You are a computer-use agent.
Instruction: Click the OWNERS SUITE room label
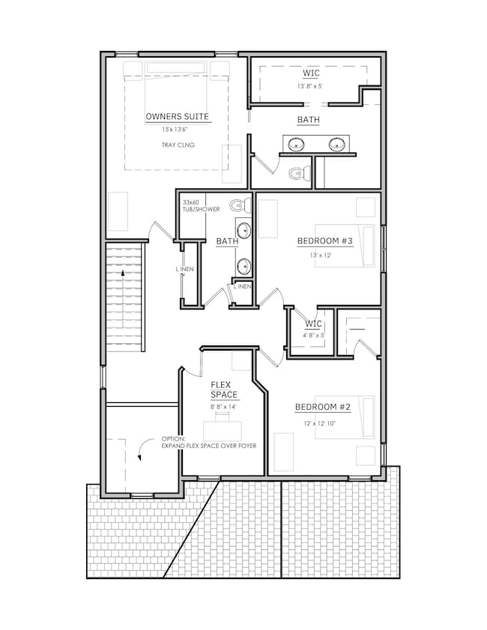(178, 117)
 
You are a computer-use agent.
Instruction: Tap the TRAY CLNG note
(178, 145)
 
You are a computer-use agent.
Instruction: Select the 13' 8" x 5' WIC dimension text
(310, 86)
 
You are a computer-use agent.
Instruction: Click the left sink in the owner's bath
(296, 143)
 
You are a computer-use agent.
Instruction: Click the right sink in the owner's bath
(336, 143)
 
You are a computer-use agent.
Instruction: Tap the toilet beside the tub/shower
(241, 206)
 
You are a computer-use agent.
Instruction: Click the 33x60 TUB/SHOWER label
(201, 206)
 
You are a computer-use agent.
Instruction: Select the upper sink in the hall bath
(243, 231)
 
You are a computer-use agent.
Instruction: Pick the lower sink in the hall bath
(243, 266)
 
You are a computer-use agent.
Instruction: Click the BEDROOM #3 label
(324, 241)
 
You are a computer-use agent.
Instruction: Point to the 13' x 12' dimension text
(320, 255)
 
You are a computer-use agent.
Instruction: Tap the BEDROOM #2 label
(323, 407)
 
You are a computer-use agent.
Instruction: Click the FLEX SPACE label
(224, 390)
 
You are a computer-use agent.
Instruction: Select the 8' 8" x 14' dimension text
(223, 407)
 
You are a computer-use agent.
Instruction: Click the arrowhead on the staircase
(123, 273)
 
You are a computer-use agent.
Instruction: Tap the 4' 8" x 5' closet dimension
(313, 335)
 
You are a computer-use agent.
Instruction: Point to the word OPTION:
(174, 439)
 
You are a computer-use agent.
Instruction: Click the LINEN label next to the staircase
(184, 269)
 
